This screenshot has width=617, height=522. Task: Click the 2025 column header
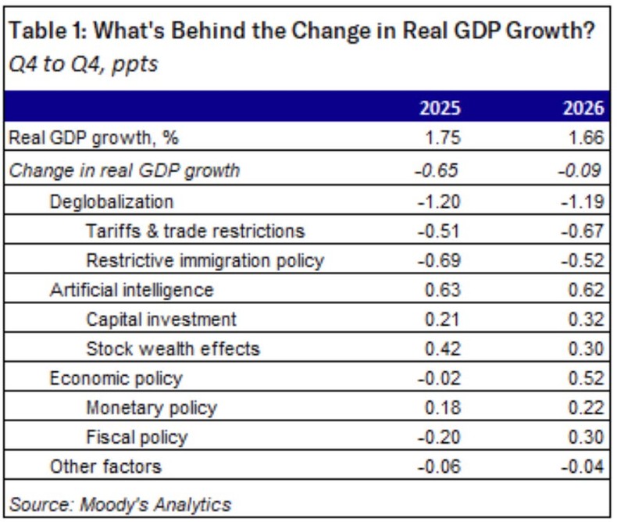pos(440,109)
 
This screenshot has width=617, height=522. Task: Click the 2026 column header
pos(583,109)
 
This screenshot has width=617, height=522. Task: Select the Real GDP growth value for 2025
pos(442,138)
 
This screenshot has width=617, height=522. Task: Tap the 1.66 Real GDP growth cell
pos(586,138)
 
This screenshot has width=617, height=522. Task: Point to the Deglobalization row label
pos(111,201)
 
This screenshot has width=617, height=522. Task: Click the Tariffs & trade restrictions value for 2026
pos(583,231)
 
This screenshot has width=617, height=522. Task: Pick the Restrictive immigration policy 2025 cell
pos(440,260)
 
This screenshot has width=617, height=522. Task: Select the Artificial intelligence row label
pos(131,290)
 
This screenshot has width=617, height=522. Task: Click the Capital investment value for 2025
pos(444,320)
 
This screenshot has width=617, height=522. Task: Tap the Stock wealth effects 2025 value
pos(444,349)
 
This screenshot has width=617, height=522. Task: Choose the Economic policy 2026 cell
pos(586,379)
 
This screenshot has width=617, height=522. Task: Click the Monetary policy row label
pos(151,408)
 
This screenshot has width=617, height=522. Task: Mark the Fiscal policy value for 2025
pos(440,438)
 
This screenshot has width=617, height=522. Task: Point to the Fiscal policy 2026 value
pos(586,438)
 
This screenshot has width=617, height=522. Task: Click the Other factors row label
pos(105,467)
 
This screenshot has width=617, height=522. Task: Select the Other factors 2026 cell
pos(583,467)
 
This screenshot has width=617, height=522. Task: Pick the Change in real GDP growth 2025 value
pos(440,170)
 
